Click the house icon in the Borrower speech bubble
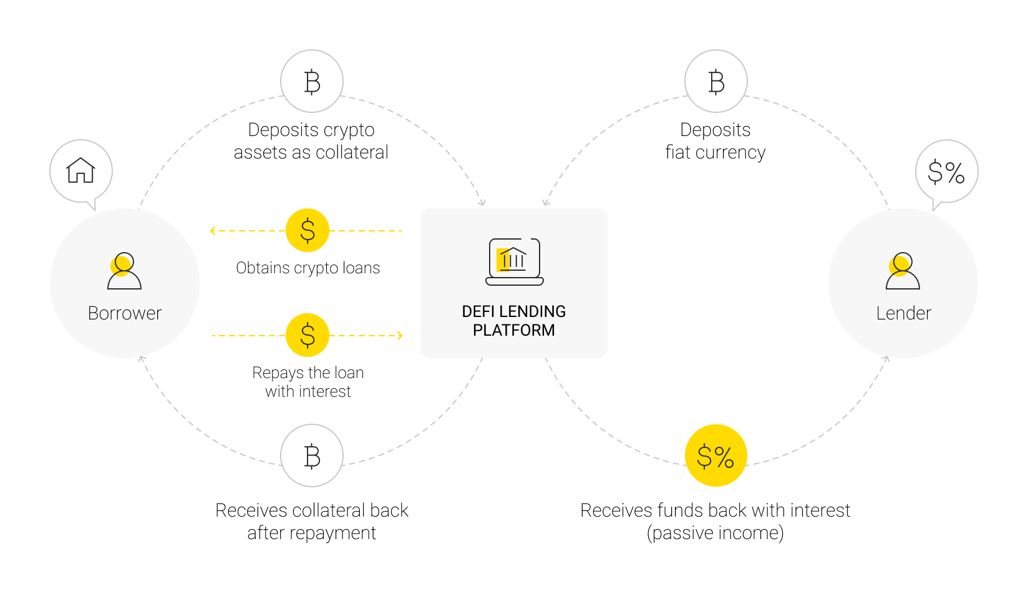(x=80, y=170)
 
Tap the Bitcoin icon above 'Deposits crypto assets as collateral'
(x=312, y=82)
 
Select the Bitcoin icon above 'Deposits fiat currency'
(x=716, y=82)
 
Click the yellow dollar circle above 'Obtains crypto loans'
(x=308, y=230)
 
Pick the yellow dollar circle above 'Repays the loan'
(x=308, y=335)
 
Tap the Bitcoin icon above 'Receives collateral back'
(x=312, y=455)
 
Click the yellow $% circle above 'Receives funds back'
(x=715, y=455)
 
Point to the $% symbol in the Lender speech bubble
(x=946, y=172)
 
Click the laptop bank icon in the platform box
(x=514, y=262)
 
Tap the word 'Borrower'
(x=125, y=313)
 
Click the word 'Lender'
(x=903, y=313)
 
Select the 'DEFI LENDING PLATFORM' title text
(x=514, y=321)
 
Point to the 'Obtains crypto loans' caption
(x=308, y=268)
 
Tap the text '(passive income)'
(x=715, y=533)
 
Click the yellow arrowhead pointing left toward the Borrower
(x=213, y=231)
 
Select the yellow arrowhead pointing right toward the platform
(x=400, y=336)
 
